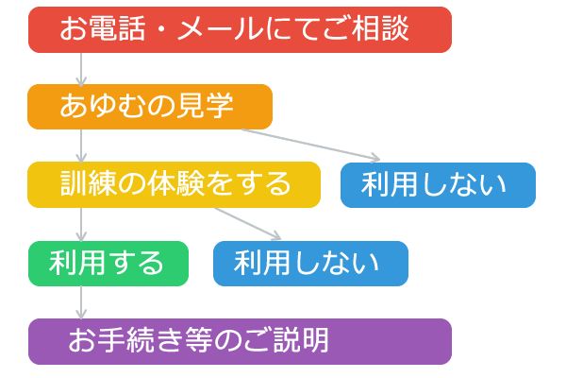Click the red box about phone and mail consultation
click(x=240, y=29)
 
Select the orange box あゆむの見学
click(x=149, y=107)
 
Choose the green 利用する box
click(x=108, y=263)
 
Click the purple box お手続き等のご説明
click(x=240, y=340)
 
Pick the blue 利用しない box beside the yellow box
click(x=438, y=184)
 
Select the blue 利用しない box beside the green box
click(x=310, y=263)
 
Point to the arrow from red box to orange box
click(x=82, y=68)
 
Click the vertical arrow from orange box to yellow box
click(x=82, y=146)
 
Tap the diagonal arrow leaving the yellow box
click(x=247, y=223)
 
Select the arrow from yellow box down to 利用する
click(x=82, y=224)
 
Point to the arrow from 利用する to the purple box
click(x=82, y=301)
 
